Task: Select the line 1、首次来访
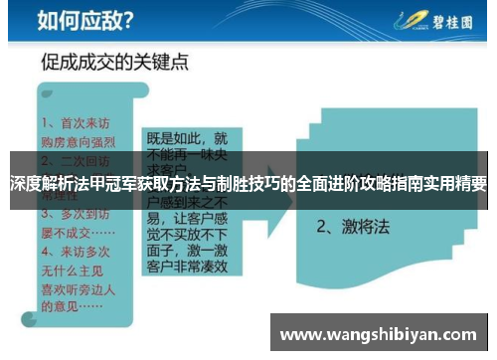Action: pos(79,123)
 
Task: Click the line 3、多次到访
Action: pos(79,212)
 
